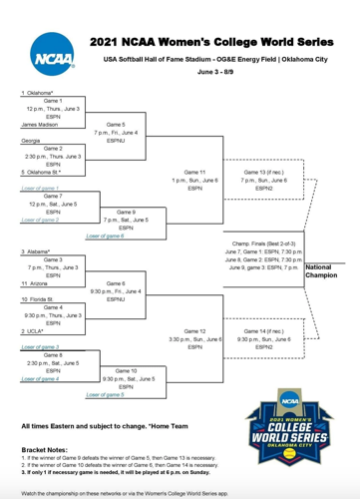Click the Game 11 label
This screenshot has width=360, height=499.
194,172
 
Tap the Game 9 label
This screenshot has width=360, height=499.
125,212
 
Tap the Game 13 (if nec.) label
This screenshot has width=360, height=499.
262,172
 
